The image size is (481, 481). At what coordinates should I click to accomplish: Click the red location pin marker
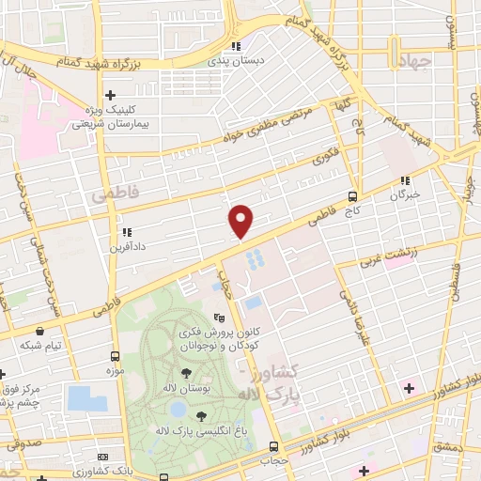point(241,221)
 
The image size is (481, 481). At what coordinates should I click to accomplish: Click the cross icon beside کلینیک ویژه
point(111,95)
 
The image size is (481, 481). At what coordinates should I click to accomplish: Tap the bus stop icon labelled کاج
point(352,197)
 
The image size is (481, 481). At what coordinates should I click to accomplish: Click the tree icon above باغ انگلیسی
point(202,416)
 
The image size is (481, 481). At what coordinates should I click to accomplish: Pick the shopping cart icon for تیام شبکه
point(40,332)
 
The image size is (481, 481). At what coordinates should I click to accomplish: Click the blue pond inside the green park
point(177,410)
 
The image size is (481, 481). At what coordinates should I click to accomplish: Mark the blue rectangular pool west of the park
point(86,398)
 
